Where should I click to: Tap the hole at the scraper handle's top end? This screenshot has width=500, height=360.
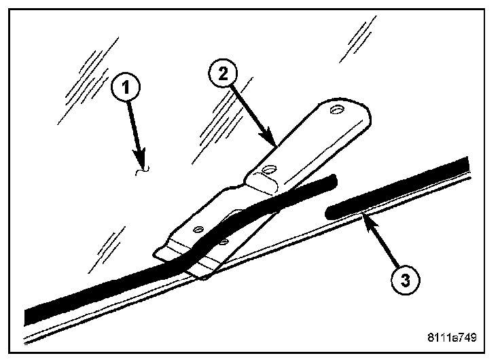coord(336,110)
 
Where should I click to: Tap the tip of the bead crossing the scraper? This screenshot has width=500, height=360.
coord(332,179)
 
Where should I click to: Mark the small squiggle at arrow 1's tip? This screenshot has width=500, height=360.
coord(142,173)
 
